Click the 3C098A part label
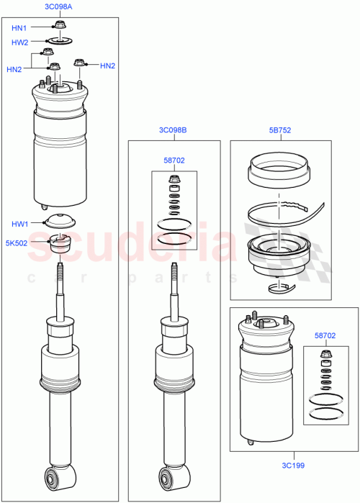click(x=59, y=6)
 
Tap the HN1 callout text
click(x=19, y=28)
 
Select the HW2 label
click(x=19, y=42)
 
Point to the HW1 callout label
click(x=19, y=224)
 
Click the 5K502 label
click(x=17, y=243)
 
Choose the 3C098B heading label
click(x=173, y=130)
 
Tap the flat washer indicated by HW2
click(x=59, y=41)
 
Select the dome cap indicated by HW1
click(x=59, y=222)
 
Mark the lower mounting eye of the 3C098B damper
click(x=172, y=477)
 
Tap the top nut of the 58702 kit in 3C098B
click(x=173, y=178)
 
